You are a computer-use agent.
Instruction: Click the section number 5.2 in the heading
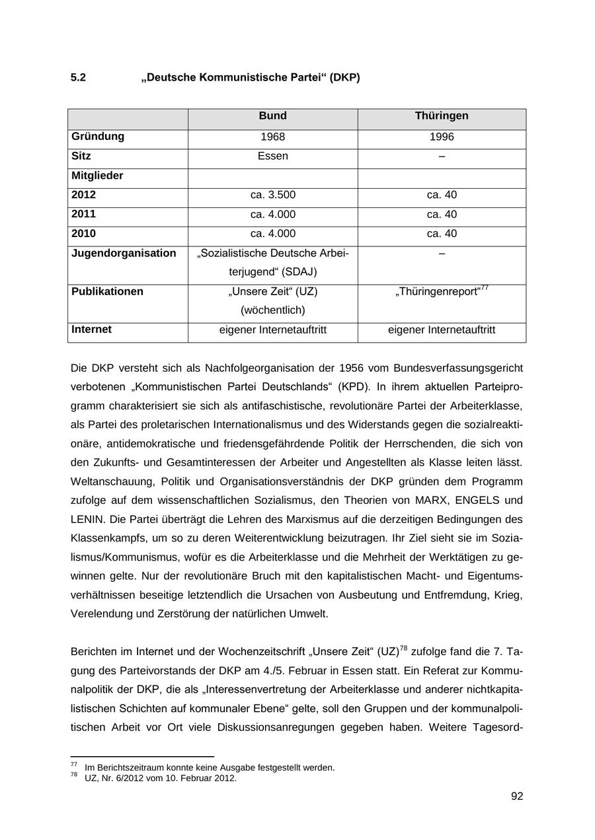point(78,78)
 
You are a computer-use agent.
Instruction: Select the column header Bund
point(272,116)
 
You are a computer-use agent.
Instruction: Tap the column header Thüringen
point(442,116)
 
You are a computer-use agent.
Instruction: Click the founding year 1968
point(272,137)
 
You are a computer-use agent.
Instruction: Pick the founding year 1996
point(442,137)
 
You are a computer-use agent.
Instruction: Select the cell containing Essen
point(272,157)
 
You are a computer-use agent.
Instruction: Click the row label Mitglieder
point(97,176)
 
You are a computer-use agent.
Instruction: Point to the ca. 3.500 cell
point(272,195)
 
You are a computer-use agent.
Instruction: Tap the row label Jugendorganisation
point(124,254)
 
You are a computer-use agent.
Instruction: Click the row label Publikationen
point(107,292)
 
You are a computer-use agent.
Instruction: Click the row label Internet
point(91,330)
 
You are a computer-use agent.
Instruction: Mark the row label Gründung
point(97,137)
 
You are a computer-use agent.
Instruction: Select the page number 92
point(517,796)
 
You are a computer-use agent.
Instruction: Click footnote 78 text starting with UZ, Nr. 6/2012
point(161,779)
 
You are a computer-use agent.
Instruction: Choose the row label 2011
point(83,215)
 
